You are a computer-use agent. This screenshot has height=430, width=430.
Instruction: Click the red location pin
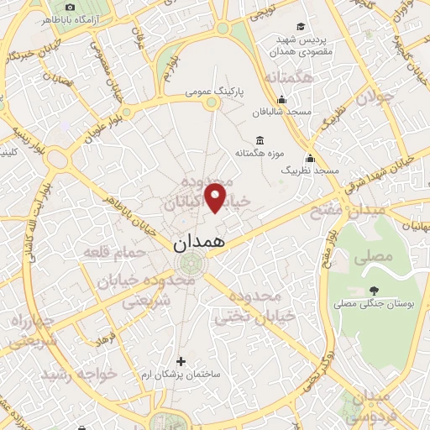216,197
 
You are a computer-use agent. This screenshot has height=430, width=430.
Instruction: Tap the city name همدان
200,244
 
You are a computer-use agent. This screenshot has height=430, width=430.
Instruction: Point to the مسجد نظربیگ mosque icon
310,158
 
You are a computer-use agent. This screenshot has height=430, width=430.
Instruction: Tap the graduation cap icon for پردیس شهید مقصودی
301,27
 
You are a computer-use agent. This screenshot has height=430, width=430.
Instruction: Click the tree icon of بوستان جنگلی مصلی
373,291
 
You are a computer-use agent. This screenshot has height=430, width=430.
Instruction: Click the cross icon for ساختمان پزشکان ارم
181,361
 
